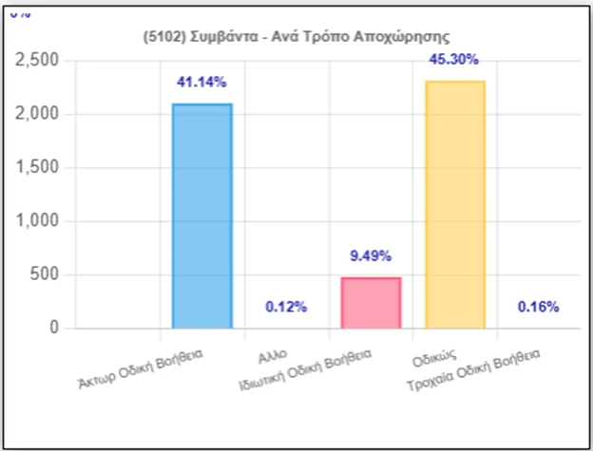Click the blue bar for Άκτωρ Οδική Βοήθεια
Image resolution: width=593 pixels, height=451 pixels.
pos(201,216)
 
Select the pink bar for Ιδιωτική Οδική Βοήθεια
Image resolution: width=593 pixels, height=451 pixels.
pos(371,303)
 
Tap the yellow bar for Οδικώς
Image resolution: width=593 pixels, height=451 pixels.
pos(454,204)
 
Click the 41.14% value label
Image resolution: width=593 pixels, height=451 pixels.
pos(201,83)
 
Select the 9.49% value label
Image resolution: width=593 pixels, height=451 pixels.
pos(371,256)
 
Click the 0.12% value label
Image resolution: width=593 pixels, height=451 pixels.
pos(286,307)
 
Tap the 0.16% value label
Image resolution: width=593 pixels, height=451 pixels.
pos(539,307)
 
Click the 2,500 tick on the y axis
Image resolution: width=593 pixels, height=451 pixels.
pos(38,61)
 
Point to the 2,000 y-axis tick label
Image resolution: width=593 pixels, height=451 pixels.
pos(38,114)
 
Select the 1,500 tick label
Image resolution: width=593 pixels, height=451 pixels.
pos(38,168)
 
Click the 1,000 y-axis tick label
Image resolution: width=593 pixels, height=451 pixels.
pos(38,221)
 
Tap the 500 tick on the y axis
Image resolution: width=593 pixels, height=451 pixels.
pos(46,275)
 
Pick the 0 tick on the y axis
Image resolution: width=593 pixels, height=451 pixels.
pos(54,329)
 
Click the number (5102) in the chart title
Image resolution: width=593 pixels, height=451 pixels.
pos(161,35)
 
